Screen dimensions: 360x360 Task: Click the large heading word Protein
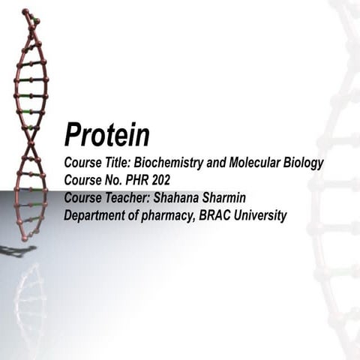click(106, 135)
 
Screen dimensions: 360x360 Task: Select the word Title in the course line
click(116, 163)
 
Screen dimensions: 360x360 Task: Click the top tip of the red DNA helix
click(25, 11)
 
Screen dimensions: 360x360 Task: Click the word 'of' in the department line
click(142, 216)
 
